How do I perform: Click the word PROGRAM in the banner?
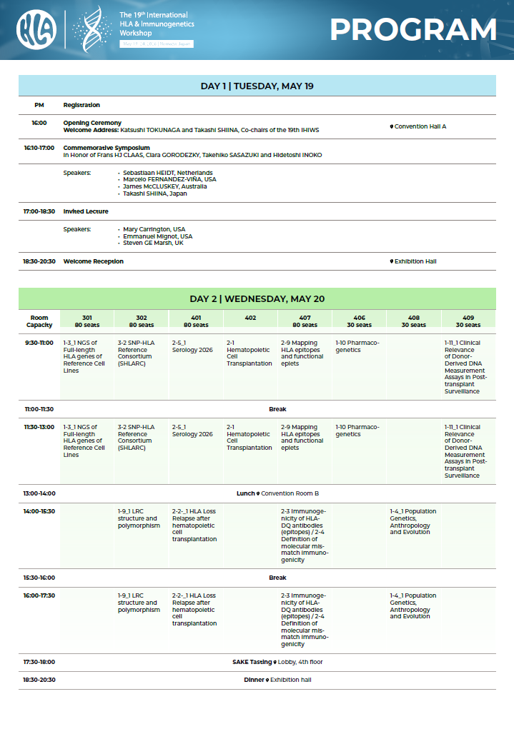click(x=413, y=29)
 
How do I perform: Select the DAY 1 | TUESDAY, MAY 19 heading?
click(x=257, y=86)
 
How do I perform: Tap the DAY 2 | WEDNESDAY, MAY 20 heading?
click(x=257, y=298)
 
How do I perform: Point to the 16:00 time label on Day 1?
click(x=39, y=123)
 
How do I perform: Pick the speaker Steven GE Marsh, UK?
click(x=153, y=243)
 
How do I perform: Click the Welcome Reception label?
click(x=93, y=261)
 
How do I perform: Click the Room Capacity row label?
click(x=39, y=321)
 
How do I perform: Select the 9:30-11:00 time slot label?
click(x=39, y=343)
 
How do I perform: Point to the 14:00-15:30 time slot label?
click(x=39, y=511)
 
